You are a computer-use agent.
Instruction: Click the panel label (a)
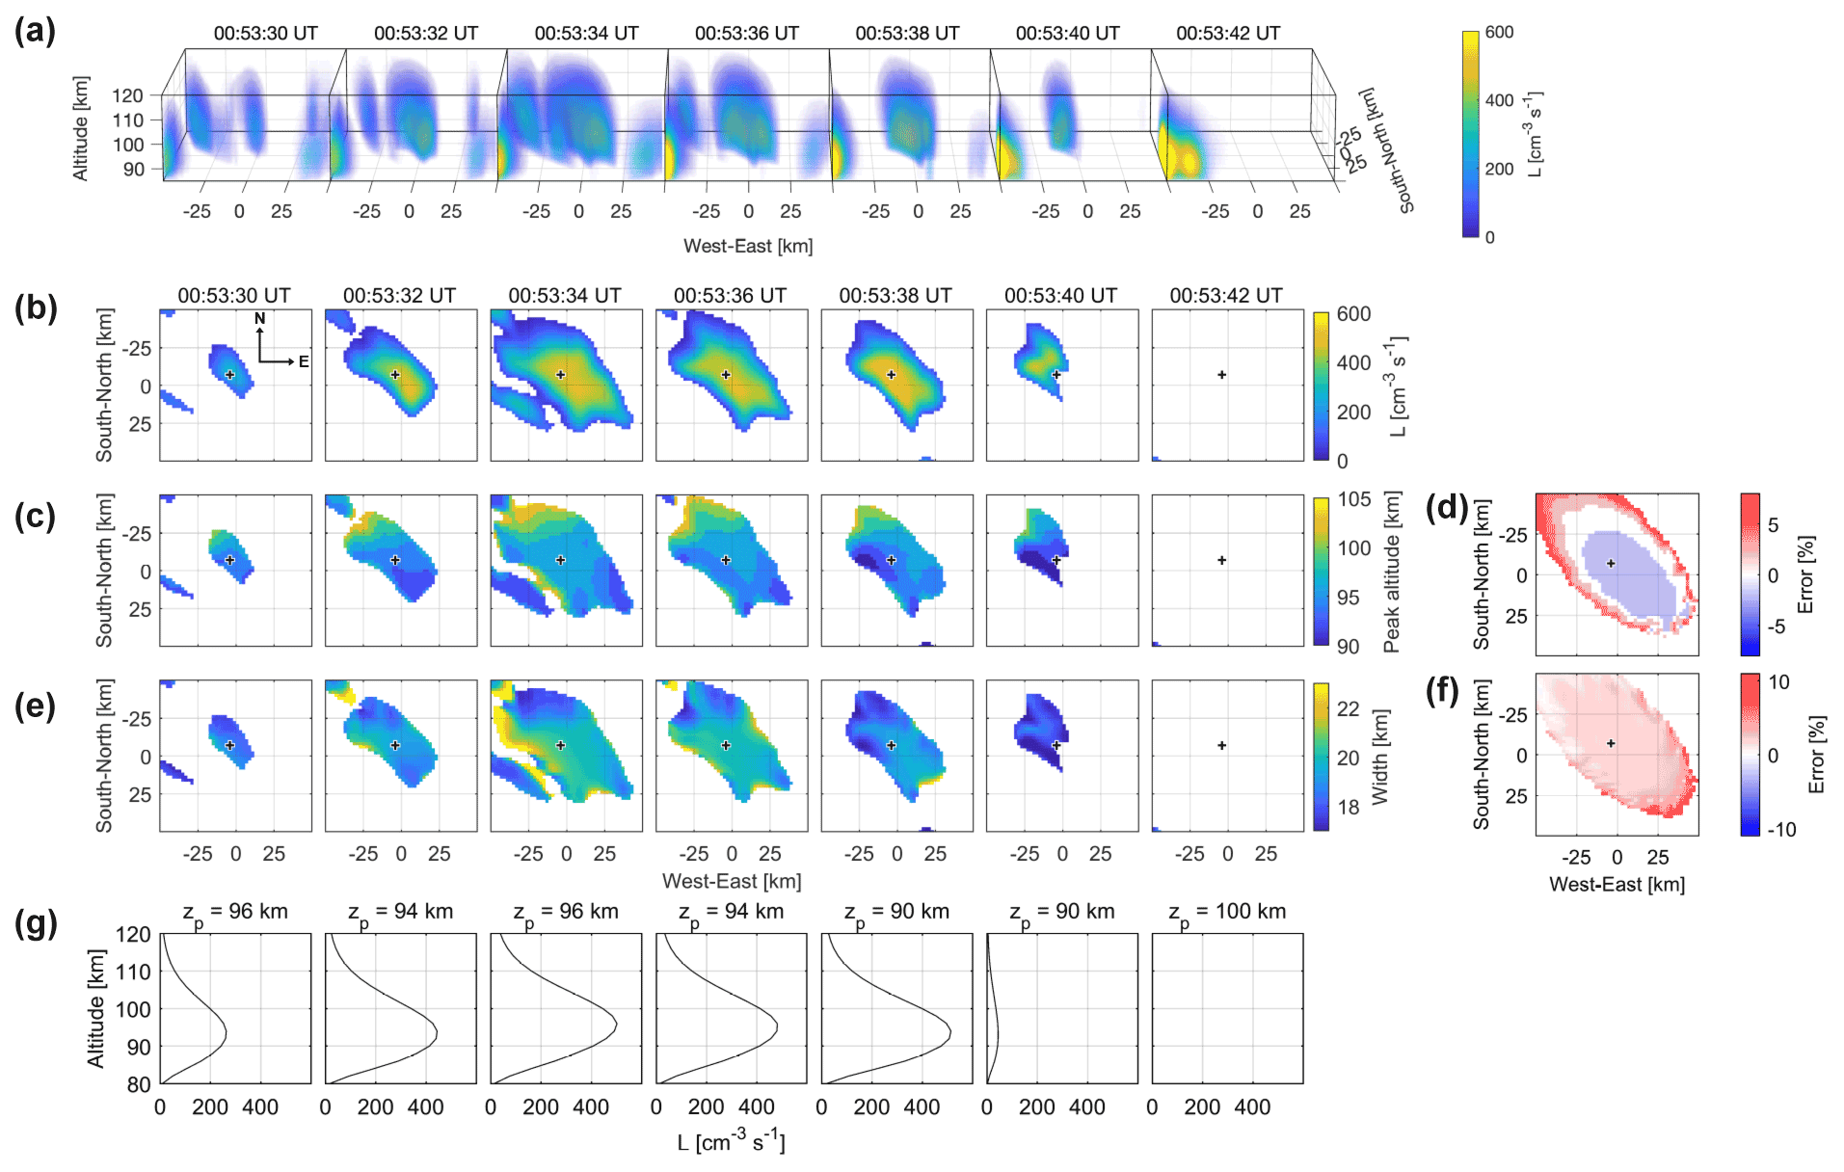point(35,31)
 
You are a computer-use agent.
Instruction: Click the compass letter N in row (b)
point(259,319)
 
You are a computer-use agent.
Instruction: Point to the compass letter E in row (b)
point(304,362)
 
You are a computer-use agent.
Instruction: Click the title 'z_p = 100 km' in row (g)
point(1227,912)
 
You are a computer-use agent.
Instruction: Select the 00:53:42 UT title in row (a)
point(1227,33)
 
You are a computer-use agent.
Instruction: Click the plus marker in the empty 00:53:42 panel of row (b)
point(1221,375)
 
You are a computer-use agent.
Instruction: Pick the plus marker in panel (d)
point(1611,563)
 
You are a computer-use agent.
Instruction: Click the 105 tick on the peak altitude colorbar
point(1353,499)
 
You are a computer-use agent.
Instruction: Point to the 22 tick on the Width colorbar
point(1348,708)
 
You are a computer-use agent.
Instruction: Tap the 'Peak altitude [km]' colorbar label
point(1391,572)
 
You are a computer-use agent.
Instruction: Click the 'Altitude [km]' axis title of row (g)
point(95,1008)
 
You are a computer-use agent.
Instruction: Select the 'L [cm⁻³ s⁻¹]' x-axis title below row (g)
point(731,1142)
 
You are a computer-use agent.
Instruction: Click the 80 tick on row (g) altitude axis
point(139,1084)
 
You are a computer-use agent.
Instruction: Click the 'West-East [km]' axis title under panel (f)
point(1617,884)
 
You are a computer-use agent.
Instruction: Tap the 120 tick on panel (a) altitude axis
point(127,95)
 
